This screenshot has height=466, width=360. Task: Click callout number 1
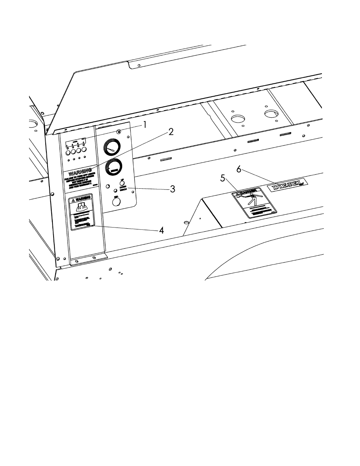tap(144, 125)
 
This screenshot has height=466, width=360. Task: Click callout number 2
tap(171, 132)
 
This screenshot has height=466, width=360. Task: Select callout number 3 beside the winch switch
tap(172, 189)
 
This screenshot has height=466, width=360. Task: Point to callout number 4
tap(161, 230)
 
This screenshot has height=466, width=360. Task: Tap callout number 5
tap(223, 178)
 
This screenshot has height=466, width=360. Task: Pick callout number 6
tap(238, 169)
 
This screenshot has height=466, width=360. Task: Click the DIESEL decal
tap(287, 186)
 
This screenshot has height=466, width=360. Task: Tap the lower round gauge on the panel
tap(113, 168)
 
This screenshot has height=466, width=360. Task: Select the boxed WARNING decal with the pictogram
tap(82, 212)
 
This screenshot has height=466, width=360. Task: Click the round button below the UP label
tap(122, 184)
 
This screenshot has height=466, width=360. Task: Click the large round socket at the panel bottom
tap(116, 202)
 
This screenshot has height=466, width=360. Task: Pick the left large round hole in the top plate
tap(237, 119)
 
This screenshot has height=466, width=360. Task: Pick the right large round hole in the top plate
tap(271, 114)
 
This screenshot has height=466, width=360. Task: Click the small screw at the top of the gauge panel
tap(119, 132)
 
